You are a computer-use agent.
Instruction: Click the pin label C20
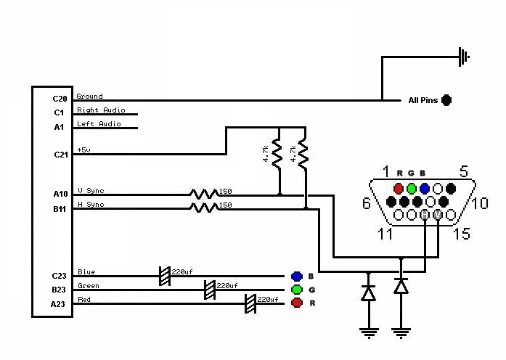[60, 99]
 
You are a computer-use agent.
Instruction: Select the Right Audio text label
[101, 110]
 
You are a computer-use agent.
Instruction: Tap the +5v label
[84, 150]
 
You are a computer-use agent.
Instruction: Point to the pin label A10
[60, 194]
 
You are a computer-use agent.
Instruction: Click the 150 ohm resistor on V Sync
[203, 195]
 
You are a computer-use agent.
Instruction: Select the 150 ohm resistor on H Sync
[203, 208]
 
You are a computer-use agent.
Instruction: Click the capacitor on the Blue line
[165, 276]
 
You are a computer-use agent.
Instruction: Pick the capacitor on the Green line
[210, 290]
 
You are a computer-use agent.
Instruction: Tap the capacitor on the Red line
[250, 303]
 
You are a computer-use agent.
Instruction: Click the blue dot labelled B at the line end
[297, 276]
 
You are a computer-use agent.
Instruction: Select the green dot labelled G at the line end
[297, 290]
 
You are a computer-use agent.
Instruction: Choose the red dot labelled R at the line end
[297, 303]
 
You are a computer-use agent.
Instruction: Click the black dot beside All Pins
[446, 100]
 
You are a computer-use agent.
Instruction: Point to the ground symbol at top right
[464, 57]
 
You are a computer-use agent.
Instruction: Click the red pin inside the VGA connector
[399, 189]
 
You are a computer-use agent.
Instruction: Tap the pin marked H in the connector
[425, 215]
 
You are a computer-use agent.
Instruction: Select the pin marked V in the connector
[438, 215]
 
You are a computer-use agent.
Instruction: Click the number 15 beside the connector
[462, 234]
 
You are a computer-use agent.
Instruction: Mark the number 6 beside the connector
[367, 203]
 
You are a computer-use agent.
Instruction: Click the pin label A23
[58, 304]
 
